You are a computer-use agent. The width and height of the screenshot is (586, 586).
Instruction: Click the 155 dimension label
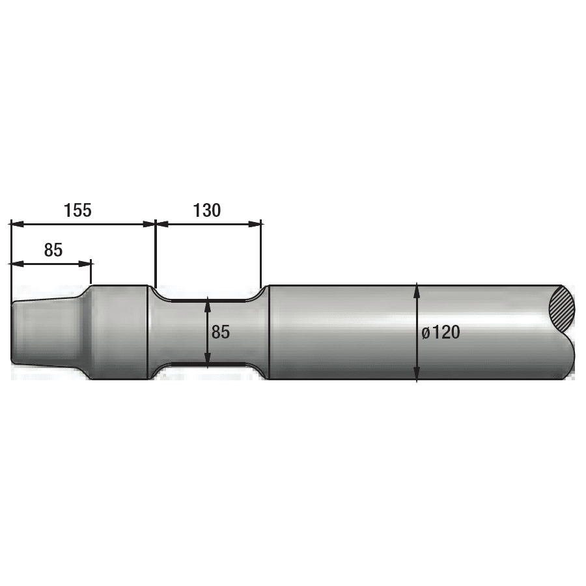[x=77, y=210]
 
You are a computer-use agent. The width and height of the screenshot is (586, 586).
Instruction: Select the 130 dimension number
[x=206, y=210]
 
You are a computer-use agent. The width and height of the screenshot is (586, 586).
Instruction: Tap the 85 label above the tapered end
[x=53, y=249]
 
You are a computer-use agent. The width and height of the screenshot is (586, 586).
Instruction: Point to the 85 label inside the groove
[x=221, y=332]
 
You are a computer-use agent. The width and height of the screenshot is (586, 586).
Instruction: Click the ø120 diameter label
[x=441, y=332]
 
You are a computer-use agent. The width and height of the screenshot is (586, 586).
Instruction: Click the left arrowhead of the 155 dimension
[x=17, y=224]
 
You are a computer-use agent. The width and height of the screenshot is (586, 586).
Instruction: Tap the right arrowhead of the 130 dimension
[x=255, y=224]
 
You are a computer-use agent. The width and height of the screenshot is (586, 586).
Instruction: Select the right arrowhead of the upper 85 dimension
[x=85, y=264]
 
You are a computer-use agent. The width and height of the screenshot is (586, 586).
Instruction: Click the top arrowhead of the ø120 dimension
[x=417, y=291]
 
